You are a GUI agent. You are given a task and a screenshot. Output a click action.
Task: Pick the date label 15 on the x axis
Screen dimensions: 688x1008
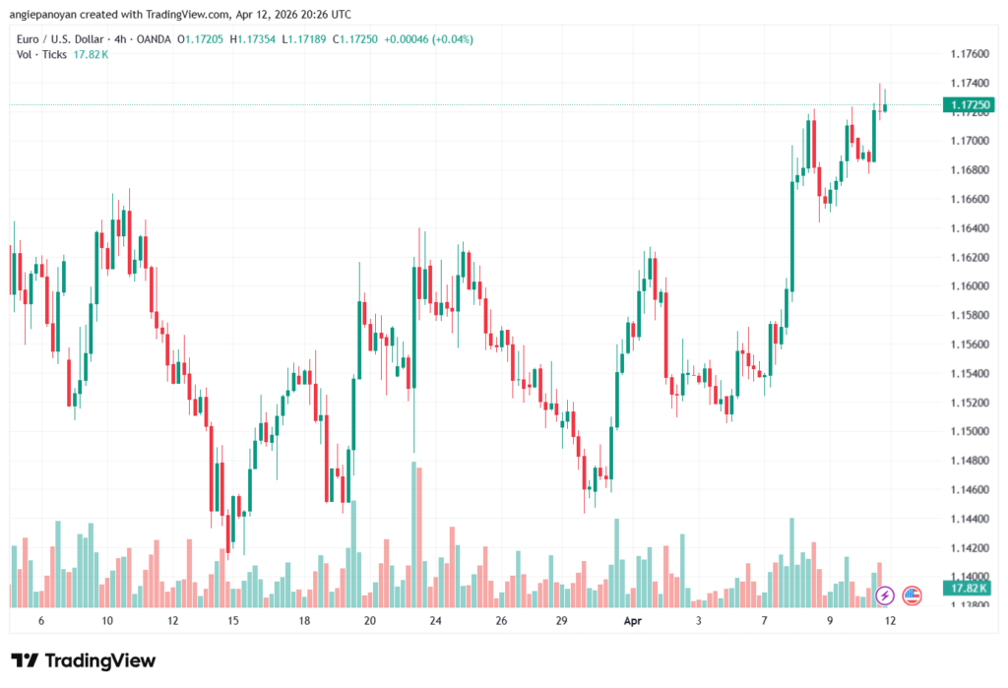click(x=233, y=621)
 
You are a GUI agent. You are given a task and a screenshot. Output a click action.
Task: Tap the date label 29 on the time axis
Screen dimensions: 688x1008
click(x=561, y=621)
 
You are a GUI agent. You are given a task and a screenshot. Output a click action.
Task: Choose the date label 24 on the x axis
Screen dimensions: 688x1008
click(x=436, y=621)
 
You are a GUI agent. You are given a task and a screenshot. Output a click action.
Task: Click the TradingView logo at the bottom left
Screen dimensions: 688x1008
click(x=84, y=660)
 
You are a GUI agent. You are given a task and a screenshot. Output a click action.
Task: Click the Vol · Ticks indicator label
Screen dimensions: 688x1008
click(x=41, y=54)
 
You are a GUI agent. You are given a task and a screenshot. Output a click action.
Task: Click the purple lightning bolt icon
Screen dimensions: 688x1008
click(x=885, y=594)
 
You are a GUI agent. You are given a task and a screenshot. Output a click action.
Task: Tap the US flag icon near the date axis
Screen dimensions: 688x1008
click(x=912, y=594)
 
